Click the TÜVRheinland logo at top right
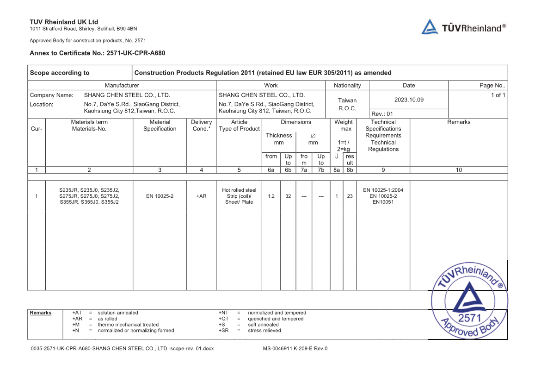pos(463,27)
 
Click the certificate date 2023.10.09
pos(409,100)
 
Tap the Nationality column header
pos(347,85)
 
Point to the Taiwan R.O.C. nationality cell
pos(347,104)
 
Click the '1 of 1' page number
pos(498,95)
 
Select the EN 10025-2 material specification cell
pos(160,196)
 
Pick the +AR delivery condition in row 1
pos(201,196)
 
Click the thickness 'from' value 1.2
pos(271,196)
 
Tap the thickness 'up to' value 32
pos(288,196)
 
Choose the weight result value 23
pos(350,196)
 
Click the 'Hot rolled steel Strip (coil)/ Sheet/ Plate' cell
pos(239,196)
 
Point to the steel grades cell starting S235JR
pos(89,196)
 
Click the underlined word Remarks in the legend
pos(41,313)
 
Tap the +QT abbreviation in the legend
pos(224,319)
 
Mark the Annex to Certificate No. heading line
pos(98,53)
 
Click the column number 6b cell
pos(288,170)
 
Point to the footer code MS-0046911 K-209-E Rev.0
pos(295,349)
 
